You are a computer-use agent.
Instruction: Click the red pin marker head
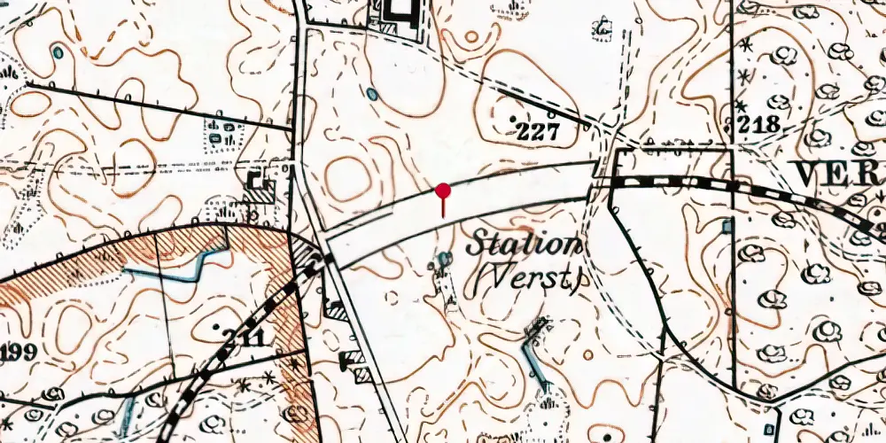[x=443, y=190]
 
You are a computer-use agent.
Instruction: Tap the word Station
[x=525, y=245]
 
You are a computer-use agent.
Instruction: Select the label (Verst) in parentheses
[x=525, y=280]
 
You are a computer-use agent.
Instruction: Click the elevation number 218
[x=759, y=124]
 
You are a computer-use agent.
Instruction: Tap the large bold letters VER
[x=836, y=175]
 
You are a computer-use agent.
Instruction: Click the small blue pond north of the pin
[x=372, y=93]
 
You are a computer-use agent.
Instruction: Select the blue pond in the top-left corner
[x=58, y=53]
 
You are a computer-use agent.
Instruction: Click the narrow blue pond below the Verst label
[x=532, y=359]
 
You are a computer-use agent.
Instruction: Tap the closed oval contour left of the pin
[x=347, y=177]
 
